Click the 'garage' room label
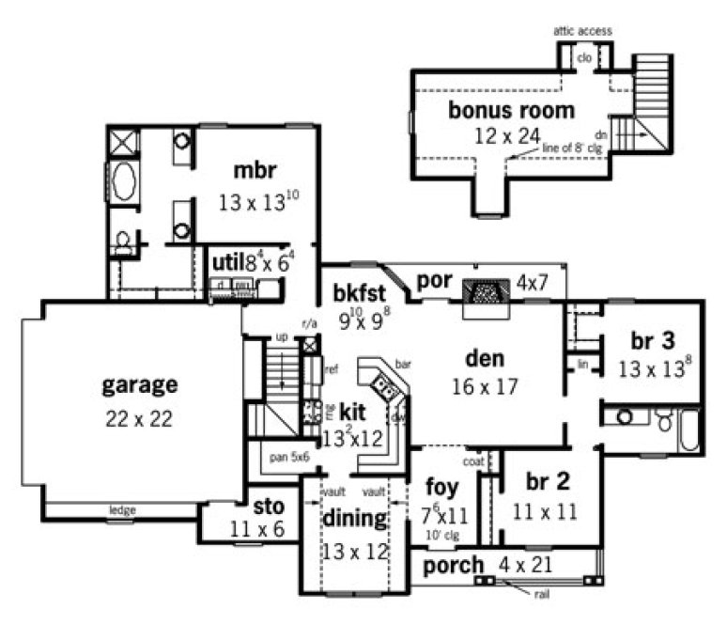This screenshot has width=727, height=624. [x=139, y=384]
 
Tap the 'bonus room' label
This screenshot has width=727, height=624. [x=510, y=111]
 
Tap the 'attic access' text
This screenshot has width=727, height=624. [x=582, y=31]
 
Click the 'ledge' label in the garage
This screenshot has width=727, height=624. [x=122, y=510]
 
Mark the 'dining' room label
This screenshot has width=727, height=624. [x=354, y=519]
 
